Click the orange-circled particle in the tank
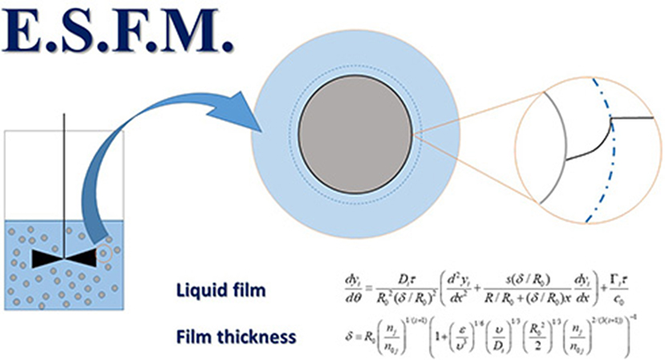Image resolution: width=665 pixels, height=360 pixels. click(x=105, y=256)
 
